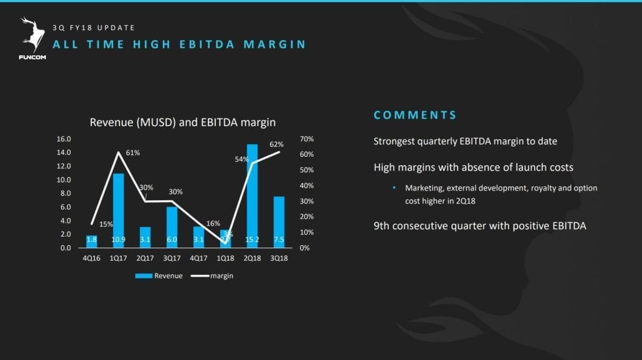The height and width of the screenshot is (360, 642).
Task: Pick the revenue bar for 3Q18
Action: click(x=279, y=222)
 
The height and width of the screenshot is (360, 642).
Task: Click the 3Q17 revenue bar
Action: click(x=172, y=227)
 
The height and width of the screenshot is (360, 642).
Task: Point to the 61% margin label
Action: click(x=133, y=153)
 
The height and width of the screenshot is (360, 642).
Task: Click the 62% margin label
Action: click(x=277, y=144)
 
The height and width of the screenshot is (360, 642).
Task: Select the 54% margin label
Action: click(x=242, y=159)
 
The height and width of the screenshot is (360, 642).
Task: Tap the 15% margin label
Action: click(x=106, y=224)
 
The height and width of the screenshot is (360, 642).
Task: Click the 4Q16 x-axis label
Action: click(x=92, y=258)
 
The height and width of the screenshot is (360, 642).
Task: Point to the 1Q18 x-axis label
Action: click(x=225, y=258)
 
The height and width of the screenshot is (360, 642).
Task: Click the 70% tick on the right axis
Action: click(x=306, y=139)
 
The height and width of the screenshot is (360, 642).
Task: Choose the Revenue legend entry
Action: click(x=159, y=276)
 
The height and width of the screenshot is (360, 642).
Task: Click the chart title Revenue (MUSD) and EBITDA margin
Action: click(x=183, y=122)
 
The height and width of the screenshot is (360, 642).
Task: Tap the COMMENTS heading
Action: click(x=415, y=115)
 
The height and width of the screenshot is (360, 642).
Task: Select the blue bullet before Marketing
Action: click(x=394, y=188)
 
